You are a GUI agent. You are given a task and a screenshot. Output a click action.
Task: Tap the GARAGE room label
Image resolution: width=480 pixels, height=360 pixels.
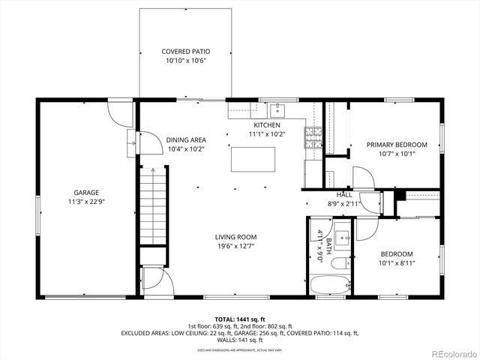click(x=86, y=192)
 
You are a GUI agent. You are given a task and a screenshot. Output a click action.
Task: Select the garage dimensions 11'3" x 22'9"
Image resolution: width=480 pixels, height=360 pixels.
click(x=86, y=202)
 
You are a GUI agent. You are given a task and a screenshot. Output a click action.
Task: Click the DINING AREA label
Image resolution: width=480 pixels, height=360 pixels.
click(x=186, y=139)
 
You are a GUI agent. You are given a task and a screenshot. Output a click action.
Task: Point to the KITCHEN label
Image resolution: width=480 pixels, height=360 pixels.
click(x=267, y=125)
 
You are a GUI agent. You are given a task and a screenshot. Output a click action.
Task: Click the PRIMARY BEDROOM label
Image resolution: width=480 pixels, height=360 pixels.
click(x=396, y=145)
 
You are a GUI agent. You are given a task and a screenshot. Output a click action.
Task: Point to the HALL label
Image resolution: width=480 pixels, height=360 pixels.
click(x=344, y=195)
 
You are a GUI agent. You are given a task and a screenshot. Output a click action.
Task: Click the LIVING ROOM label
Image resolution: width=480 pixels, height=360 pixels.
click(x=236, y=237)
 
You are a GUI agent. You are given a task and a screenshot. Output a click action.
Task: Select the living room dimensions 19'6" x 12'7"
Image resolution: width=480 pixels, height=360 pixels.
click(x=236, y=246)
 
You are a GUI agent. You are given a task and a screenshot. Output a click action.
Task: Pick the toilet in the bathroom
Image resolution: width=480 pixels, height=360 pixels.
click(x=339, y=263)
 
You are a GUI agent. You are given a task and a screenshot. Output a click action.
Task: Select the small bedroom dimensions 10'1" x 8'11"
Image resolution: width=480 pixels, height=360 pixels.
click(x=396, y=263)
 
